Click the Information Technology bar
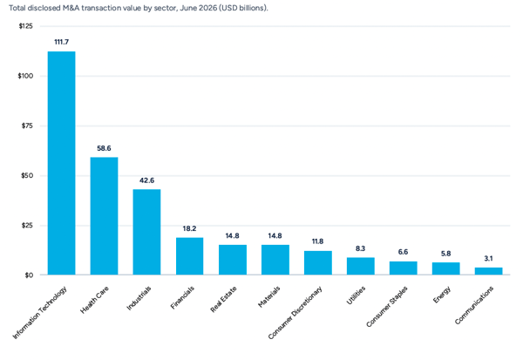pos(61,163)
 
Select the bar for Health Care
pos(104,216)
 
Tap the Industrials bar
pos(146,232)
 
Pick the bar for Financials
pos(189,256)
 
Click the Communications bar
pos(489,271)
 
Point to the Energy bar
pos(446,268)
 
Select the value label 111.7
pos(61,42)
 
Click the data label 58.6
pos(104,148)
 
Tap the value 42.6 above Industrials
pos(146,180)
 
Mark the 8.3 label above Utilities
pos(361,248)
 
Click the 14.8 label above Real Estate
pos(232,236)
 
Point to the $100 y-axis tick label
pos(25,76)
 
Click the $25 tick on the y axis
pos(27,226)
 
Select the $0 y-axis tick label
pos(29,275)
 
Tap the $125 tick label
pos(25,26)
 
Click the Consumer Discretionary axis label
pos(295,313)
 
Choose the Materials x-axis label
pos(268,296)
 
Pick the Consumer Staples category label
pos(386,306)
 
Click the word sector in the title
pos(165,8)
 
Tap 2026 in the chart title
pos(208,8)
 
